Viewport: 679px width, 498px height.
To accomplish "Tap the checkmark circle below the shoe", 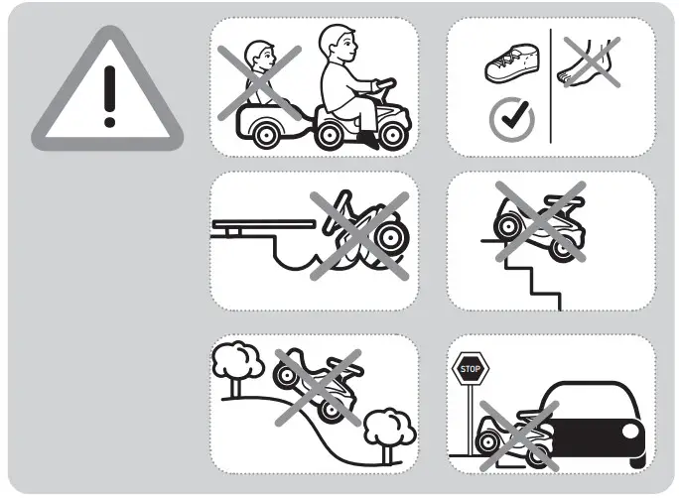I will click(511, 119).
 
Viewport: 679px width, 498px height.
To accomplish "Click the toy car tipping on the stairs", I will click(540, 224).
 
